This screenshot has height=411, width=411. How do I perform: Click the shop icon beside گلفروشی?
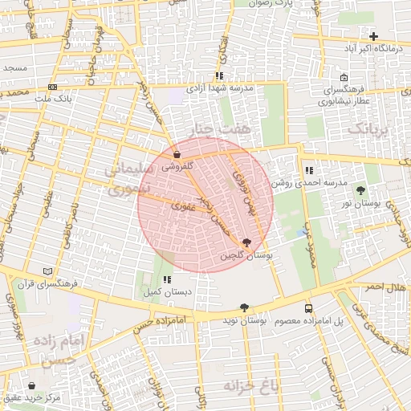(x=177, y=154)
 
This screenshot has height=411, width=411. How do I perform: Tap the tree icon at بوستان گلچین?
(x=246, y=242)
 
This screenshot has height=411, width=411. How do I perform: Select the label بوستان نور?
(x=360, y=205)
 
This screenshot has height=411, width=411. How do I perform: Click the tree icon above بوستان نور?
(x=360, y=191)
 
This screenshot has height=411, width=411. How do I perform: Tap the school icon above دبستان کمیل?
(x=166, y=279)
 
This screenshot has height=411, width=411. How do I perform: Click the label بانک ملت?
(x=53, y=99)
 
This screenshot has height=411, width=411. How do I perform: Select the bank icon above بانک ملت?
(x=53, y=87)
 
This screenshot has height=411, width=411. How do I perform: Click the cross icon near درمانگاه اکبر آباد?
(x=373, y=36)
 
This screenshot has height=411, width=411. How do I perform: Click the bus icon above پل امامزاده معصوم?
(x=309, y=308)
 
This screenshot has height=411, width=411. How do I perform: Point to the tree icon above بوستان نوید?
(x=244, y=307)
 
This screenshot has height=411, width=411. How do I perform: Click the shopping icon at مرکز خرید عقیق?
(x=31, y=386)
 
